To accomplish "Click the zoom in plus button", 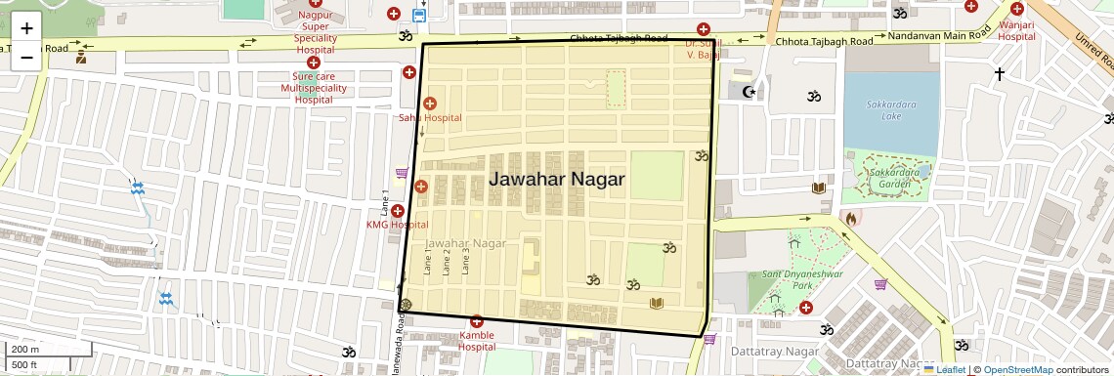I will (26, 28).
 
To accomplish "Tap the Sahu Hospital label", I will (429, 118).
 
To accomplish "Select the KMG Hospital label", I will (397, 225).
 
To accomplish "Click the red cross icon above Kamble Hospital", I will (477, 321).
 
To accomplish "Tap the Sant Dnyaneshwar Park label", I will (788, 280).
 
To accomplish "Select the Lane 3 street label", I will (466, 261).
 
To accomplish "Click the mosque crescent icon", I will (750, 92).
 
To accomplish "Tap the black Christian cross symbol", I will (999, 73).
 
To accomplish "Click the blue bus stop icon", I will (419, 15).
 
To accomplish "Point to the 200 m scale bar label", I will (25, 349).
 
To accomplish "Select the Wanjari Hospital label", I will (1016, 30).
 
